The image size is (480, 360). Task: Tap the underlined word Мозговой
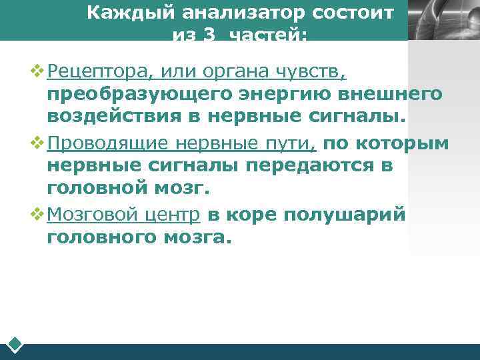pos(87,214)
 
